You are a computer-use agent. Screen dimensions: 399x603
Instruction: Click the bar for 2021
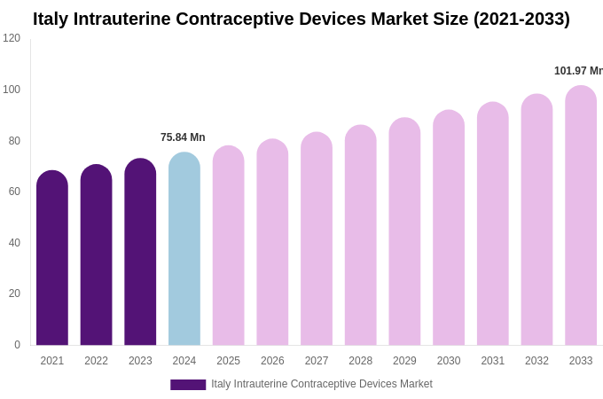(x=52, y=259)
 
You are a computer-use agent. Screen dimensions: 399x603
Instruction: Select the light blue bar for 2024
(x=184, y=250)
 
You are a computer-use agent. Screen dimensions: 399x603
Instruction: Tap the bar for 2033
(x=581, y=216)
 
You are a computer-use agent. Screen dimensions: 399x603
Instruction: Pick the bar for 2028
(x=361, y=236)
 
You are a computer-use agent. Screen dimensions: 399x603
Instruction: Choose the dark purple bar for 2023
(x=140, y=253)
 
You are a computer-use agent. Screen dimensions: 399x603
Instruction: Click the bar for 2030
(x=449, y=229)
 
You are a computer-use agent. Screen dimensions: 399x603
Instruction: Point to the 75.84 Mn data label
(x=183, y=137)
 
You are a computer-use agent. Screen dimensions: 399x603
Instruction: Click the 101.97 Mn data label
(x=578, y=71)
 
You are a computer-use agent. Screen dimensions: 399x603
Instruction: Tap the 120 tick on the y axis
(x=12, y=38)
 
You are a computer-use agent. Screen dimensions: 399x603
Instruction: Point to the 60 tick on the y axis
(x=14, y=192)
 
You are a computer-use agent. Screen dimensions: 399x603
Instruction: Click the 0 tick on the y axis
(x=17, y=345)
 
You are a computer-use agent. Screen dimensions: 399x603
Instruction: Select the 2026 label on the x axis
(x=272, y=361)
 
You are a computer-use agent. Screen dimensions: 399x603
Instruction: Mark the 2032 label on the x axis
(x=536, y=361)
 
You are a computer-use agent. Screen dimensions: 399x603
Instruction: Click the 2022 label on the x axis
(x=96, y=361)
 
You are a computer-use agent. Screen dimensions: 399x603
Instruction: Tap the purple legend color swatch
(x=188, y=385)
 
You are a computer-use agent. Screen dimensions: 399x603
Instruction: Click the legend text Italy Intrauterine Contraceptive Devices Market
(x=322, y=384)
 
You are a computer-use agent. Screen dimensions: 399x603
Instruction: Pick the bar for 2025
(x=228, y=246)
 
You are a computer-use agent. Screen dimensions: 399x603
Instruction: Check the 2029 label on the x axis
(x=404, y=361)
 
